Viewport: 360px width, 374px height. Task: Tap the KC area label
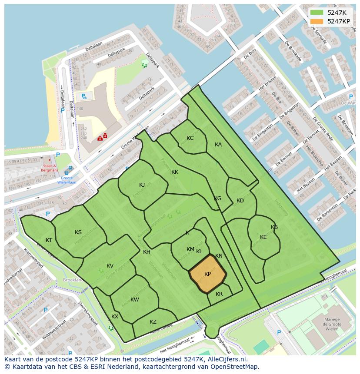pyautogui.click(x=190, y=138)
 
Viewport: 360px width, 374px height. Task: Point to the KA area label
pyautogui.click(x=218, y=145)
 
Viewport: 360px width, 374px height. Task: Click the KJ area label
pyautogui.click(x=142, y=185)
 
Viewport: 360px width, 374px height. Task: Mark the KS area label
pyautogui.click(x=78, y=232)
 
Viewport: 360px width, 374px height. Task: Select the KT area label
pyautogui.click(x=49, y=240)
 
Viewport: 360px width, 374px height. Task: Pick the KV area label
pyautogui.click(x=110, y=266)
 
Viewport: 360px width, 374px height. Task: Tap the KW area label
pyautogui.click(x=135, y=300)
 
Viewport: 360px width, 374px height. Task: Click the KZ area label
pyautogui.click(x=153, y=322)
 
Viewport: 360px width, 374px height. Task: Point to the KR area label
pyautogui.click(x=219, y=294)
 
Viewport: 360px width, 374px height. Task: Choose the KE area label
pyautogui.click(x=263, y=237)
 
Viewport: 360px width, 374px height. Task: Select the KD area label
pyautogui.click(x=240, y=201)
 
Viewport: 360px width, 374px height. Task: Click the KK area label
pyautogui.click(x=175, y=172)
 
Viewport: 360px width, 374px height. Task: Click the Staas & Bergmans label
pyautogui.click(x=50, y=168)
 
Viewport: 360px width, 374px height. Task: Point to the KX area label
pyautogui.click(x=115, y=317)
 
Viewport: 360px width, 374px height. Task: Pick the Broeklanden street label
pyautogui.click(x=73, y=280)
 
